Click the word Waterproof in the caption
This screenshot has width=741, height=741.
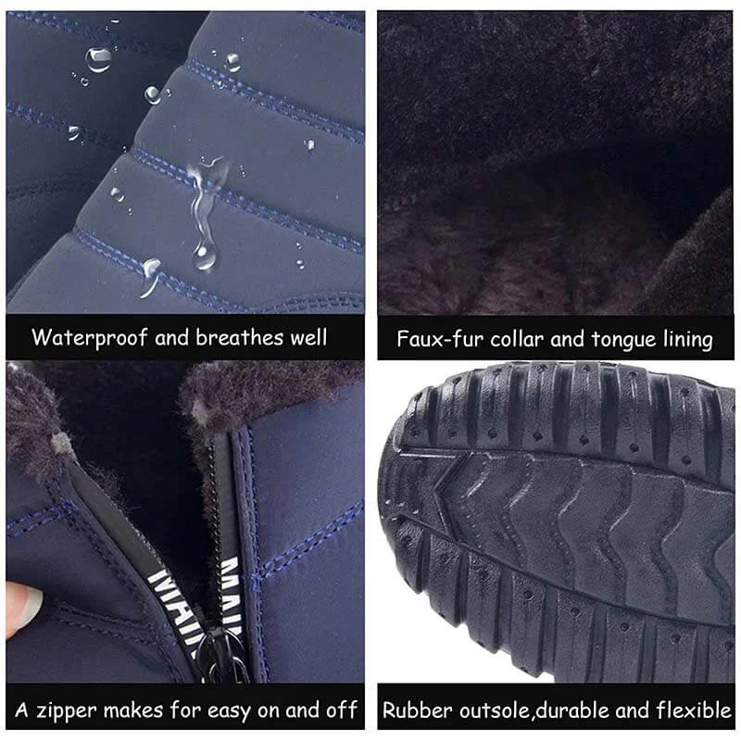point(90,338)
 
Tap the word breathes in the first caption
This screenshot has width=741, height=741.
point(240,337)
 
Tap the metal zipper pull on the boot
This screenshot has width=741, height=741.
point(223,655)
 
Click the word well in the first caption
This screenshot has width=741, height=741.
point(308,337)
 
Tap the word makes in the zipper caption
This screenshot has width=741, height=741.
point(133,710)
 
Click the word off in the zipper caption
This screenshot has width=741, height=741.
point(341,710)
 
